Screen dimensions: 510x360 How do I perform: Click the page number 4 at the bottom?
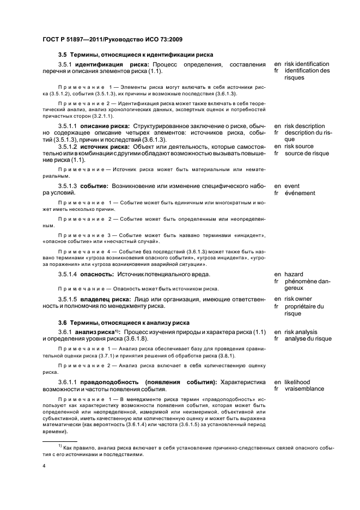point(44,466)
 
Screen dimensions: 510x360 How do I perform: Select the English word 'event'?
point(292,186)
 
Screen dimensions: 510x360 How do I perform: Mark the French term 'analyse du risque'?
point(308,339)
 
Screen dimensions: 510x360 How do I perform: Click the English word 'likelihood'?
point(297,382)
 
